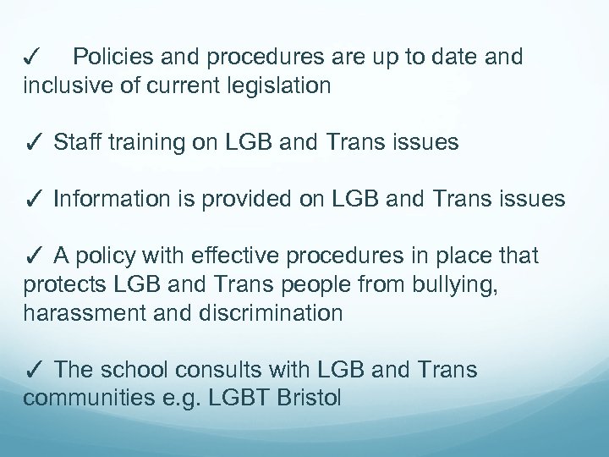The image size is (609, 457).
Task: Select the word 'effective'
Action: coord(253,256)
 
